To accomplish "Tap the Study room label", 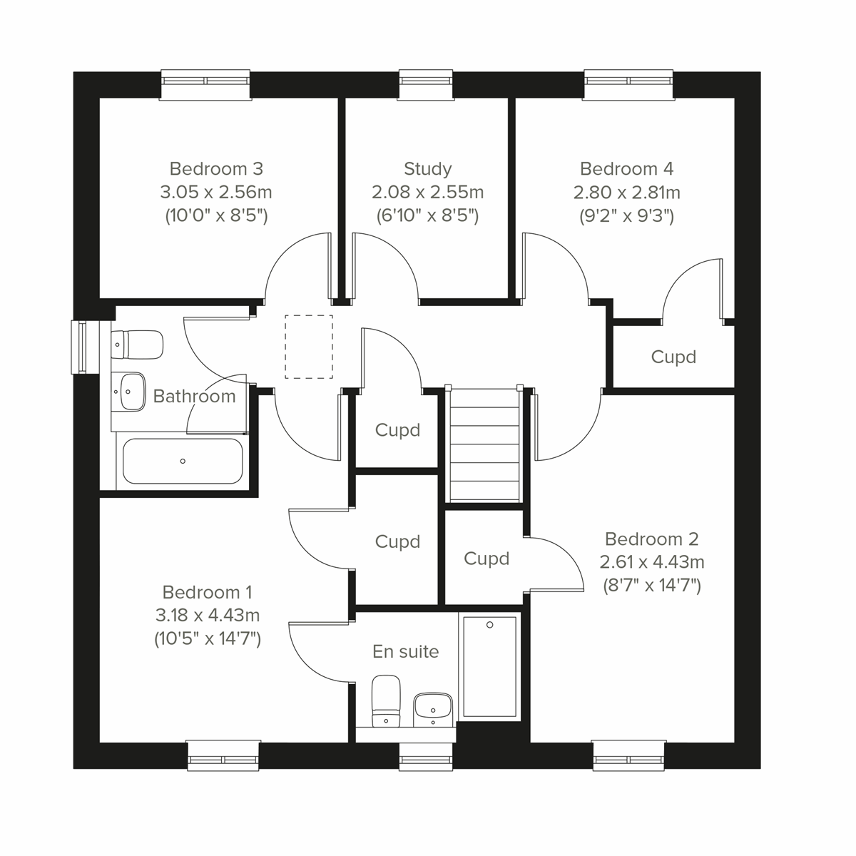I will pos(427,169).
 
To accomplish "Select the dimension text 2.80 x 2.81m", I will pos(626,193).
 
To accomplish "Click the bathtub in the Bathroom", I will pos(183,461).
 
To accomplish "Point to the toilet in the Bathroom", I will pos(137,345).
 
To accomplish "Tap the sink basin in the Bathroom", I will pos(129,391).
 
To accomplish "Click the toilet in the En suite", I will pos(386,700).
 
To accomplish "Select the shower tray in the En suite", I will pos(489,666).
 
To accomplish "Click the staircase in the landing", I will pos(483,444).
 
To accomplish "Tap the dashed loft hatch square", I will pos(309,347).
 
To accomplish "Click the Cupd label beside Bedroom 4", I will pos(673,357).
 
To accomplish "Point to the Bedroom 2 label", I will pos(651,539).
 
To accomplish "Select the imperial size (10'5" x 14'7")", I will pos(208,638).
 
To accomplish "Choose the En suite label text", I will pos(405,651).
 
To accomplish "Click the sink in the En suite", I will pos(432,708).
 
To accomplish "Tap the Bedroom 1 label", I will pos(207,592).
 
